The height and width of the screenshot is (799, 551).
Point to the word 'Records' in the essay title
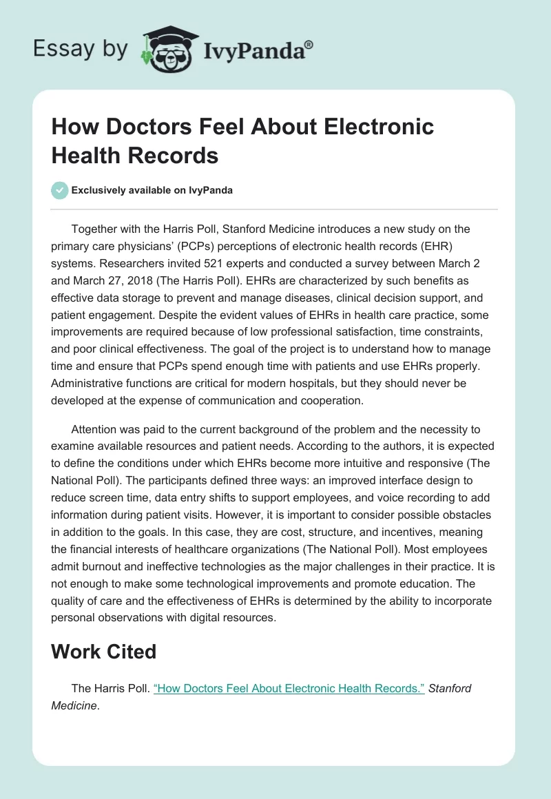click(178, 156)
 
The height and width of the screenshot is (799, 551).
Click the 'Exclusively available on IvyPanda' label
click(152, 190)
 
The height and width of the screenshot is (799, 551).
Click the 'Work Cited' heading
click(104, 652)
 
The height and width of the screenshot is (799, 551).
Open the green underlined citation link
click(289, 688)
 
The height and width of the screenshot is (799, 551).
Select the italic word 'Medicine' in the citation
click(74, 705)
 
